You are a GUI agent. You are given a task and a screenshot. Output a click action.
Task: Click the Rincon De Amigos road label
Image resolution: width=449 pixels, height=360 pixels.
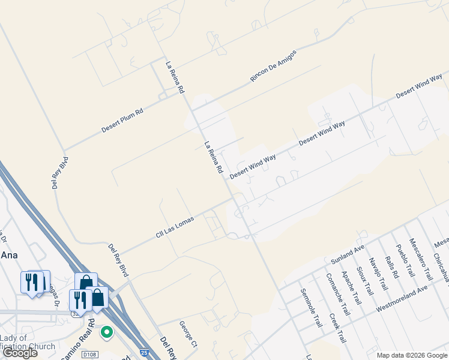tap(273, 66)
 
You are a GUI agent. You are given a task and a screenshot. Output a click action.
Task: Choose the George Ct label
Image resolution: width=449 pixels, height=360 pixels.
tap(188, 335)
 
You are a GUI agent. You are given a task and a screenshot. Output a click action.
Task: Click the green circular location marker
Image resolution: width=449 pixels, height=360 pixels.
tap(107, 331)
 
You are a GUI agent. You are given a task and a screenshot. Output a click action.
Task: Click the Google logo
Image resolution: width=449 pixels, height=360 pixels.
tap(20, 353)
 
